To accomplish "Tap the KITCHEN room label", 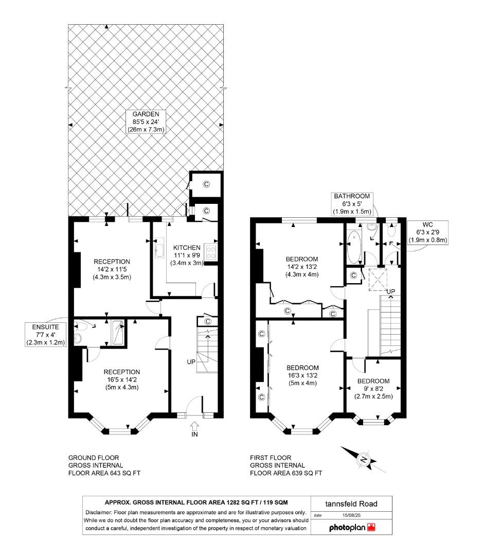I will click(x=187, y=248).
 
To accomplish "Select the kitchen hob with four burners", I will click(x=211, y=251).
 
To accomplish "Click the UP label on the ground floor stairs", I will click(x=191, y=362).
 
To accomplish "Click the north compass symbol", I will click(x=364, y=460).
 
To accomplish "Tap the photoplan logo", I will click(x=352, y=528).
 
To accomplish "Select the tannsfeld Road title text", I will click(x=351, y=503).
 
